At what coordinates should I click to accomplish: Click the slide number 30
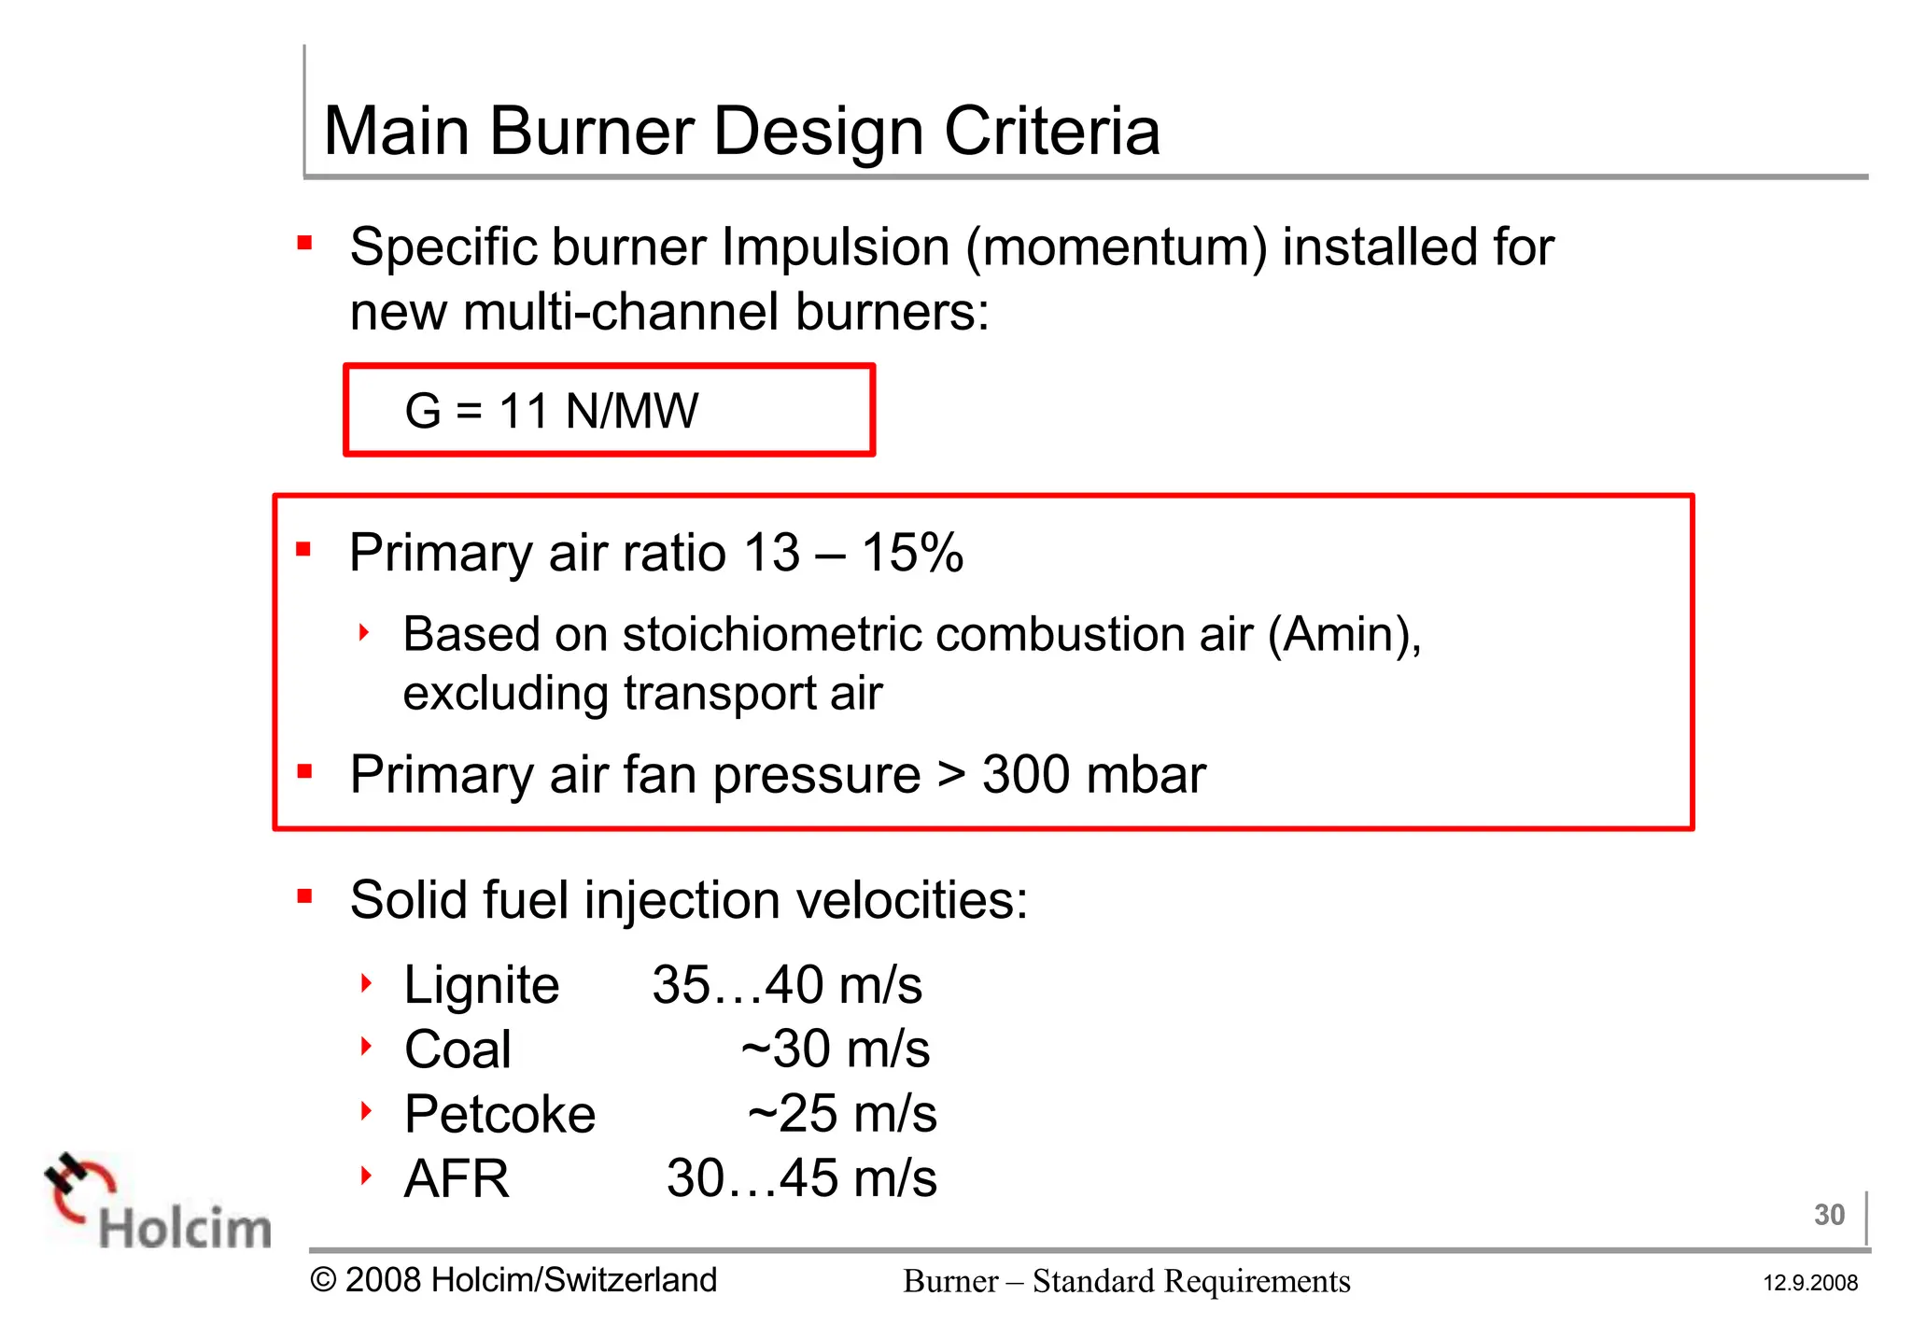(1829, 1215)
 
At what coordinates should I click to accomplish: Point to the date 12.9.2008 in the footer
(1810, 1283)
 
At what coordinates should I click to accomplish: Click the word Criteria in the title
(1052, 132)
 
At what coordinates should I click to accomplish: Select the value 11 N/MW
(598, 411)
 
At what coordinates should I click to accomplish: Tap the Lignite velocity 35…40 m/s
(787, 985)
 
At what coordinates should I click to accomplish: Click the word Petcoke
(499, 1114)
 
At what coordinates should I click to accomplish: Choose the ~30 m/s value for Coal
(836, 1049)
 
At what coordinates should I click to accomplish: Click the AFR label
(457, 1178)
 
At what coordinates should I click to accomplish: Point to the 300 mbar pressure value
(1093, 775)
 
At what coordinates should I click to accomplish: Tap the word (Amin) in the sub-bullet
(1344, 635)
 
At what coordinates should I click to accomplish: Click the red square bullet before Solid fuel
(303, 897)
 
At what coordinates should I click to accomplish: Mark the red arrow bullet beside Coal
(366, 1047)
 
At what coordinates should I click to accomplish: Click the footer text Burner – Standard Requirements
(1126, 1281)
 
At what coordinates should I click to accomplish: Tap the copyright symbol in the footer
(323, 1280)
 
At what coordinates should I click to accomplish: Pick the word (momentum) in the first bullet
(1117, 248)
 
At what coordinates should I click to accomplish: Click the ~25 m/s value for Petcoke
(842, 1114)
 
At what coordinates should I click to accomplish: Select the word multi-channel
(621, 312)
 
